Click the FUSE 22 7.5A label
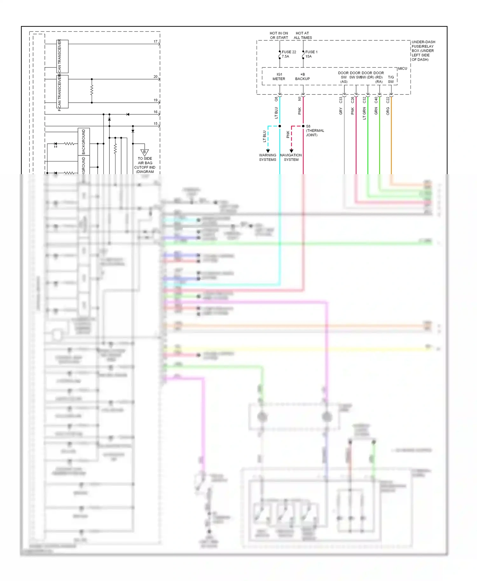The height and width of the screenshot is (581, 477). (x=288, y=54)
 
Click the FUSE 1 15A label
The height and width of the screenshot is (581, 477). (x=311, y=54)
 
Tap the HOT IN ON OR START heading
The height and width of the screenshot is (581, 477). (x=279, y=35)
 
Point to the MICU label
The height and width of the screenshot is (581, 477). (x=402, y=68)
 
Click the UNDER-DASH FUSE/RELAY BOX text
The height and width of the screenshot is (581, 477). (x=423, y=51)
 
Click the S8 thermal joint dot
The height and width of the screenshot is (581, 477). (x=303, y=126)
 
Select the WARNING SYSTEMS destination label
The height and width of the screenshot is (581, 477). (x=267, y=157)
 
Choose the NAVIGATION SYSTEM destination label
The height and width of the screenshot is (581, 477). (x=291, y=157)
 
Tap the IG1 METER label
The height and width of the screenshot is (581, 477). (x=279, y=77)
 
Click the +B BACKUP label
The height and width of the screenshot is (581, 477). (x=302, y=77)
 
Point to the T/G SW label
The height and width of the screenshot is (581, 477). (x=391, y=79)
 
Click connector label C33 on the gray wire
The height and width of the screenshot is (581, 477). (x=341, y=100)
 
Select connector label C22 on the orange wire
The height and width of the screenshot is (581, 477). (x=388, y=100)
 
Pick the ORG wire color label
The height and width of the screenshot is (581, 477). (x=388, y=111)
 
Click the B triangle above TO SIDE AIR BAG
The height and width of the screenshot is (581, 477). (x=144, y=152)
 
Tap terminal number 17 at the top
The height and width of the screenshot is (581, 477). (x=156, y=42)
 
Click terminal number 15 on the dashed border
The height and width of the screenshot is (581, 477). (x=156, y=124)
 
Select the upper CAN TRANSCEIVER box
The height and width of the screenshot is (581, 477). (x=62, y=56)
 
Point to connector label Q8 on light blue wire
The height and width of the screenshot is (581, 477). (x=276, y=99)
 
